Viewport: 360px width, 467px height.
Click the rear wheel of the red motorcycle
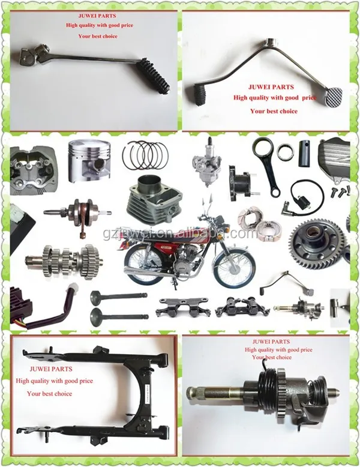tap(137, 267)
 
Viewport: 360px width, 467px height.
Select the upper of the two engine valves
tap(116, 296)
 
